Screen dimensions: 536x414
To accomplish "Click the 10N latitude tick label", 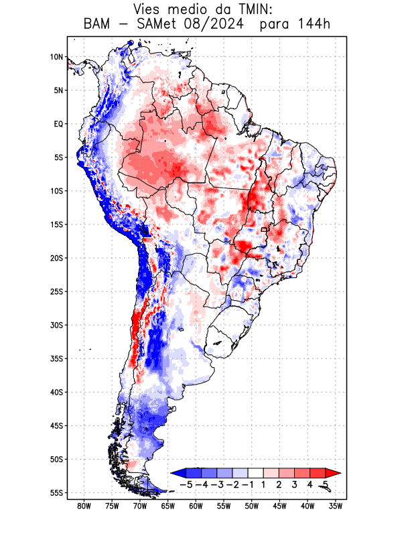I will [x=56, y=57].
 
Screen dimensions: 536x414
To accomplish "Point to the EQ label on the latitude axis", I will [x=58, y=124].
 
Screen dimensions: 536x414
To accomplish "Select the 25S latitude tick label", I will [x=56, y=291].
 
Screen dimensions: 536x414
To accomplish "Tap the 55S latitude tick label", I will [x=56, y=492].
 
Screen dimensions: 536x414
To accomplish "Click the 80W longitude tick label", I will [x=84, y=506].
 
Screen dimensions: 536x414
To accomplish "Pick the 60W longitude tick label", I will [x=196, y=506].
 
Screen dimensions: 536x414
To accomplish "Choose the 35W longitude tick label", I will [x=336, y=506].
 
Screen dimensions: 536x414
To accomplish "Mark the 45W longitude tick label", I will [x=279, y=506].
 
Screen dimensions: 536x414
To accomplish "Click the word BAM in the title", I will [x=98, y=25].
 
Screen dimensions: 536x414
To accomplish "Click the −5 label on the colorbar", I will [x=187, y=484].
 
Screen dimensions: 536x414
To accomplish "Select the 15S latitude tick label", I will [x=56, y=224].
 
